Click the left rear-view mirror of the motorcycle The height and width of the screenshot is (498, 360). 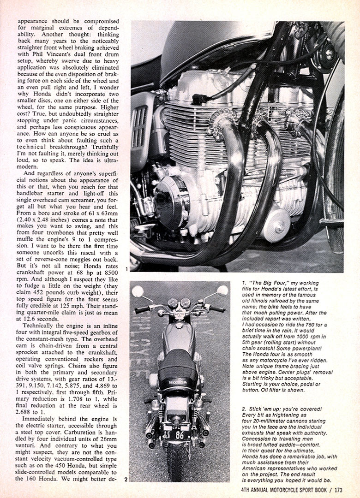pos(137,291)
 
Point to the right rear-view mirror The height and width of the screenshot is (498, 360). pos(222,290)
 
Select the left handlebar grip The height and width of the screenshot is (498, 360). pos(142,310)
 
